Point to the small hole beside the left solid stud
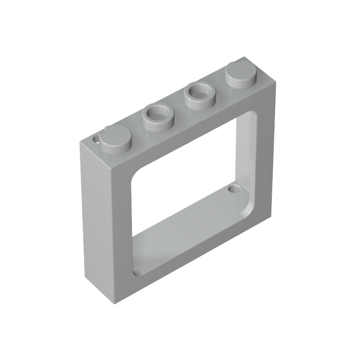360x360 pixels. tap(95, 139)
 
